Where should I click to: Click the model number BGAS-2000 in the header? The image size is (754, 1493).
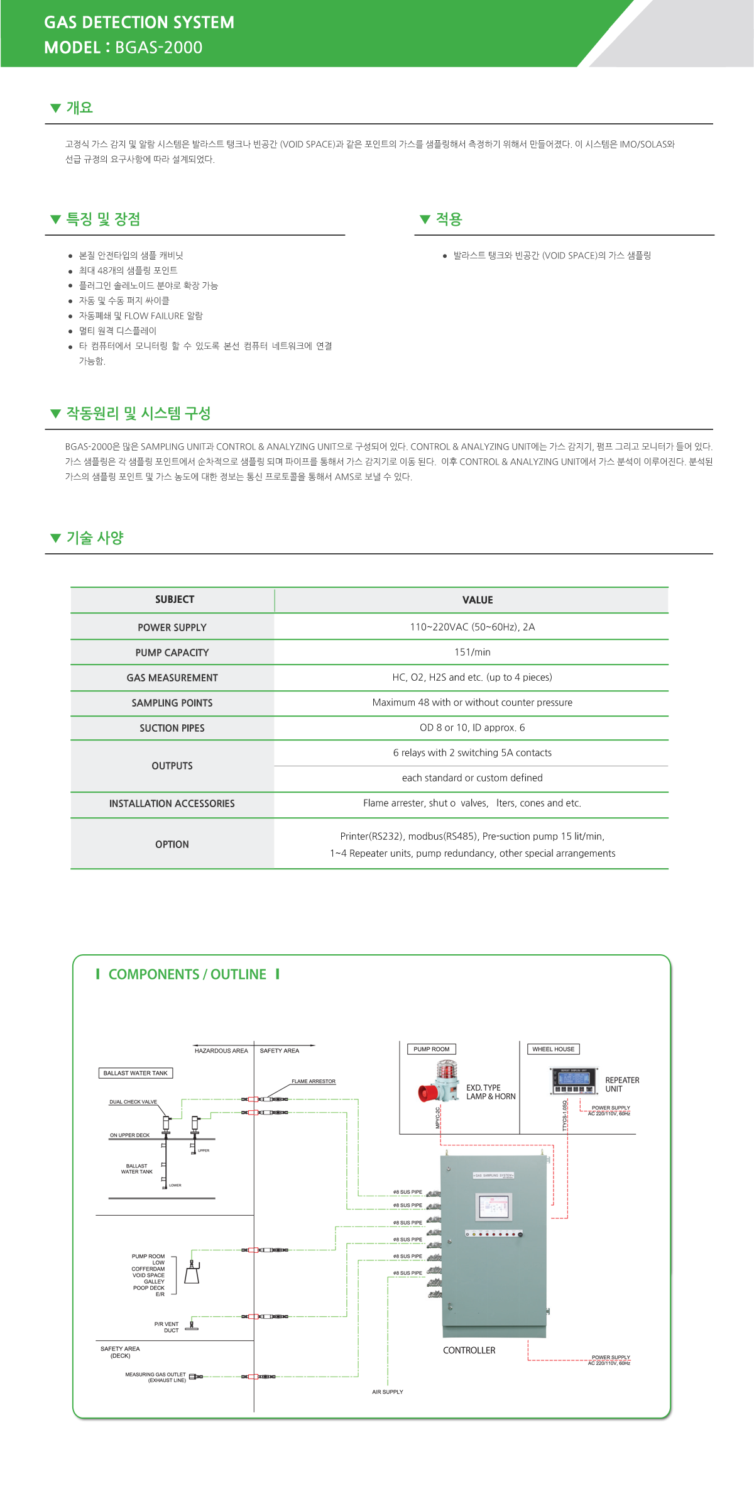158,48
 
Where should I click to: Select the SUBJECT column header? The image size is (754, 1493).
174,600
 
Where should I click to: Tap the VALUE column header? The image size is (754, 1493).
478,600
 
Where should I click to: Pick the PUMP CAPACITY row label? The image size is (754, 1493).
172,653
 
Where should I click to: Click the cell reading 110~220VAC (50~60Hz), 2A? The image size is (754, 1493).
472,627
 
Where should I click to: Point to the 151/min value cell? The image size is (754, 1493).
472,652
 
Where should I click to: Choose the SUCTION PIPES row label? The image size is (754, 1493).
172,728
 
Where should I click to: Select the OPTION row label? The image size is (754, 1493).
172,844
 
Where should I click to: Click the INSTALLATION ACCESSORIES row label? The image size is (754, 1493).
172,803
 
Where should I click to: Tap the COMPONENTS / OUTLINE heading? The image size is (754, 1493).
187,974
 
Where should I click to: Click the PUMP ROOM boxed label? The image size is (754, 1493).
431,1049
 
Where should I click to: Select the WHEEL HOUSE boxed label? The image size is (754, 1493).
553,1049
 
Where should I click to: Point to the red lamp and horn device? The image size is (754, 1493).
439,1083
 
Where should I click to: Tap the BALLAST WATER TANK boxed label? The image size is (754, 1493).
135,1073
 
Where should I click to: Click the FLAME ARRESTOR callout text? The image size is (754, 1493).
313,1081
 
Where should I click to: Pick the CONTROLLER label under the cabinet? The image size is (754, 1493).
469,1350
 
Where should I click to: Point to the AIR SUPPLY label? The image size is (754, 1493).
387,1392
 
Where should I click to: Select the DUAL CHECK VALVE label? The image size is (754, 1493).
133,1102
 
